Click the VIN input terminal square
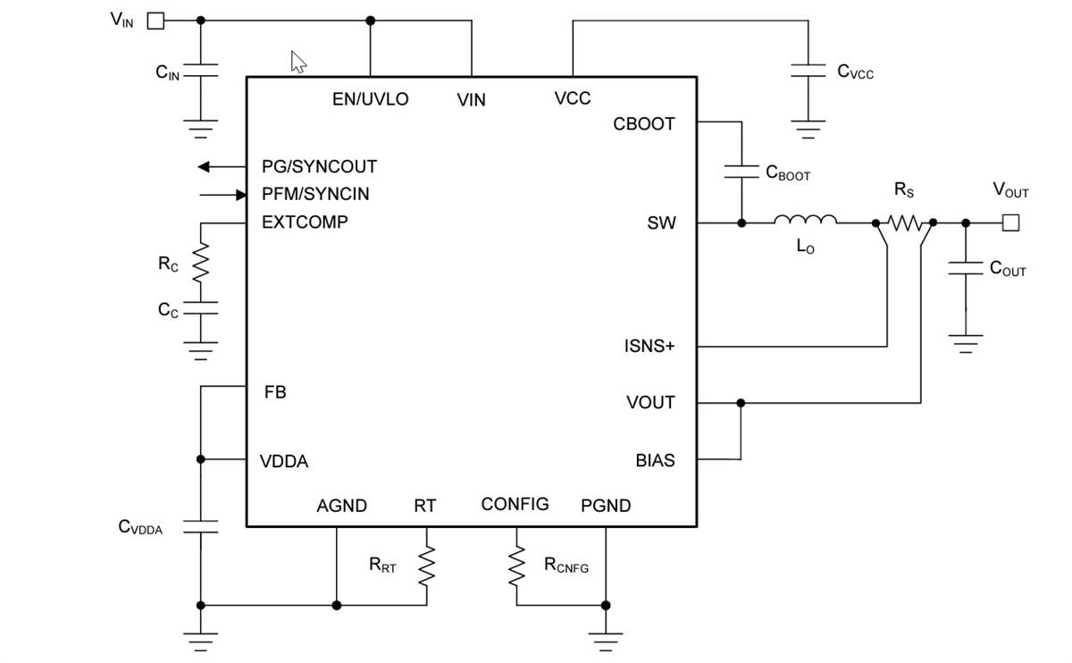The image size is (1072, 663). (155, 21)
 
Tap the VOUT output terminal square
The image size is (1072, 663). (1010, 222)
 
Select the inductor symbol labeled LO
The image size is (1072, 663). (805, 221)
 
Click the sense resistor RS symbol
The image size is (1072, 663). (905, 222)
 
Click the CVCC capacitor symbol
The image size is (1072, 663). (808, 71)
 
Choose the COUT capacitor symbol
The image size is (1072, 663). (965, 268)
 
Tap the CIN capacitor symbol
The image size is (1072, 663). (200, 71)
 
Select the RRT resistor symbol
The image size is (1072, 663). (426, 565)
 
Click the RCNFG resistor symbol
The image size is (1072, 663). (516, 565)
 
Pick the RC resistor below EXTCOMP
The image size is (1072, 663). (200, 263)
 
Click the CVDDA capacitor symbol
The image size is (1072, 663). (200, 526)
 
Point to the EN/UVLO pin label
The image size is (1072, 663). (370, 99)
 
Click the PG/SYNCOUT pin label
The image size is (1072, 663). (319, 167)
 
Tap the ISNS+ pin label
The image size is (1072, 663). (649, 346)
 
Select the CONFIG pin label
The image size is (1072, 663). (515, 504)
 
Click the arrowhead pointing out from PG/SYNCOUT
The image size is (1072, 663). (205, 166)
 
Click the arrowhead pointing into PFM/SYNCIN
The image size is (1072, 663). (239, 194)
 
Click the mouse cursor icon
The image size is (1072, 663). (298, 62)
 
